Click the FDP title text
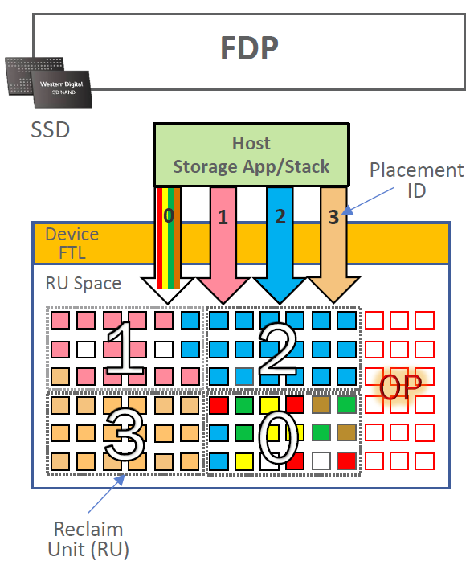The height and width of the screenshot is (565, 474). [249, 49]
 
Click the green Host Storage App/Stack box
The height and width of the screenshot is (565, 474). [251, 155]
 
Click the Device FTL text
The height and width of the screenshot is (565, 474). [72, 243]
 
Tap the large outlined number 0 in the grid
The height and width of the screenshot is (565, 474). [278, 438]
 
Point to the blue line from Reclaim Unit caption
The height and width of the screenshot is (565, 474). [104, 497]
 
